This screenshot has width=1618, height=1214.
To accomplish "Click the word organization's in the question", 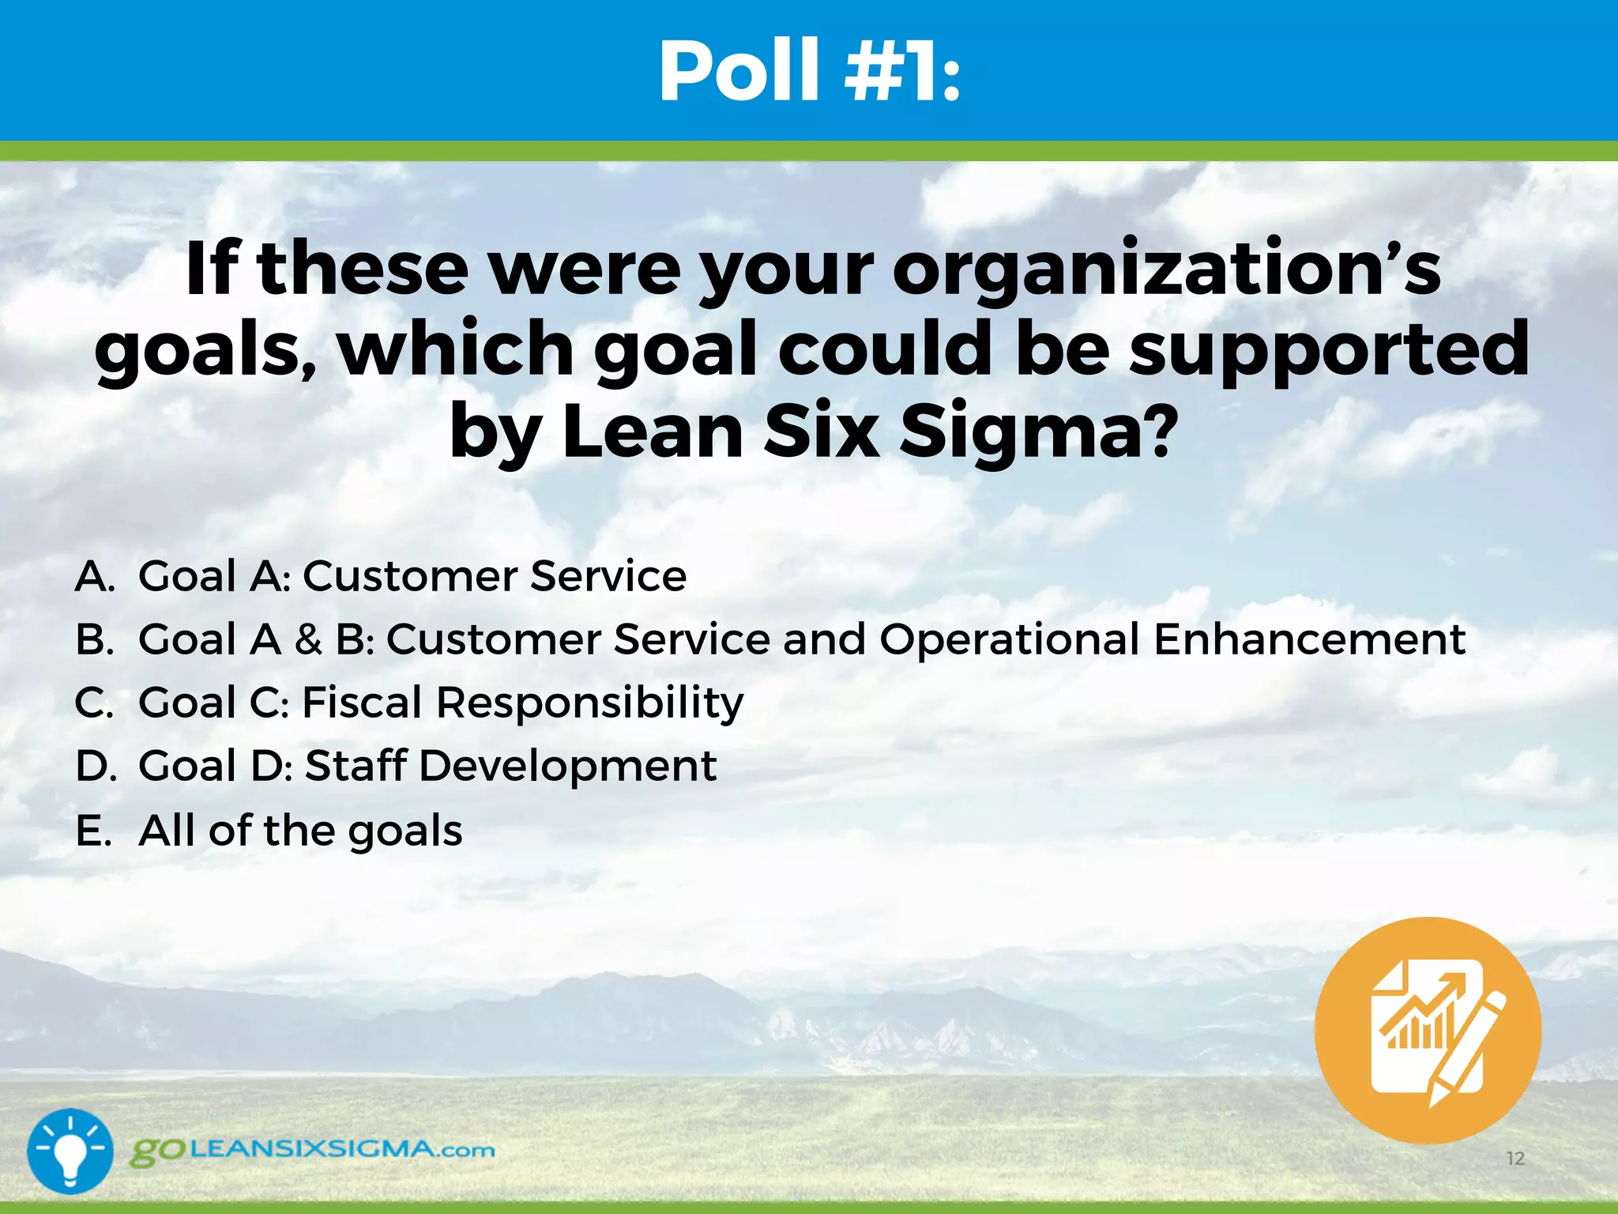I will click(x=1166, y=269).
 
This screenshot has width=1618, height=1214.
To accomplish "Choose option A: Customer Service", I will click(x=412, y=576).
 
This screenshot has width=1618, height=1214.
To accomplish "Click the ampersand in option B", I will click(x=308, y=639).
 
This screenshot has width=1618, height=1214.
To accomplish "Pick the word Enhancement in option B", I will click(x=1309, y=639).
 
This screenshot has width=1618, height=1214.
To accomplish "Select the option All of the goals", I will click(x=300, y=831).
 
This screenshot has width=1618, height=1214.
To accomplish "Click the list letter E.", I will click(x=92, y=831).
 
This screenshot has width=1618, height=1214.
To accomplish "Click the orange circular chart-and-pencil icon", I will click(x=1428, y=1030).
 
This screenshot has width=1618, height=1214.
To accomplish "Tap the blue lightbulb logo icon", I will click(x=70, y=1151).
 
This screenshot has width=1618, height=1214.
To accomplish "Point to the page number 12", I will click(x=1515, y=1159).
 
